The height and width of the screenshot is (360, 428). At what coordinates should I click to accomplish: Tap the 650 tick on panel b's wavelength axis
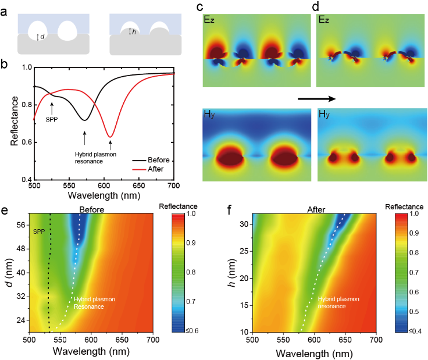pos(140,186)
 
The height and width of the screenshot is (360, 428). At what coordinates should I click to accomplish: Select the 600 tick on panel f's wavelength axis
pos(315,338)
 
